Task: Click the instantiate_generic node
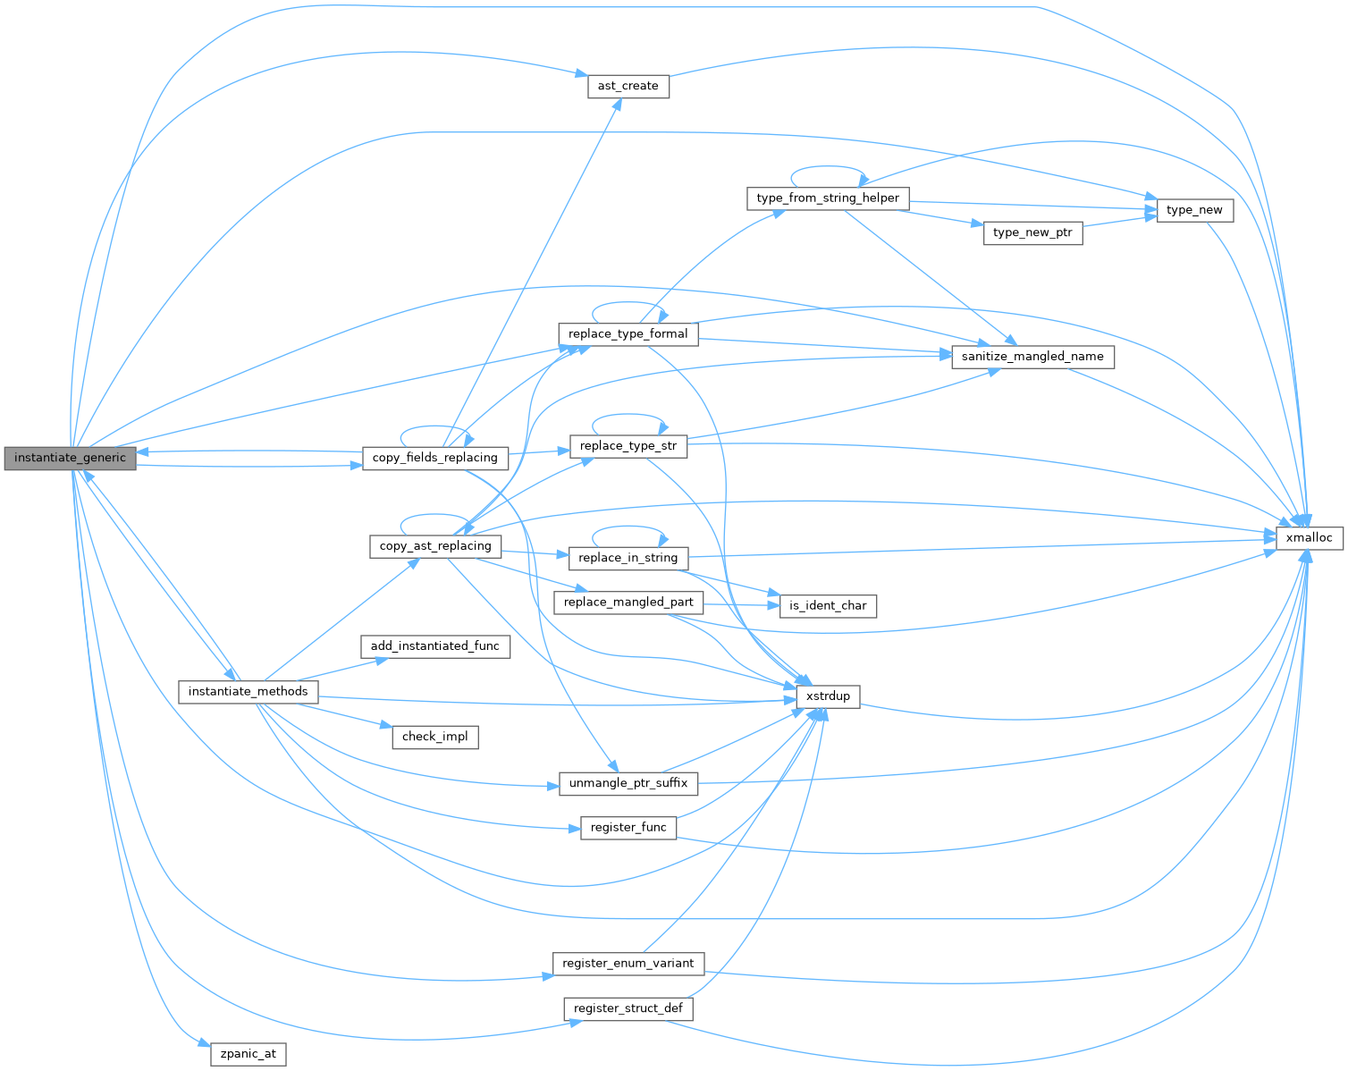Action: (70, 458)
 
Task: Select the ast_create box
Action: (628, 86)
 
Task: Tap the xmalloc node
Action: (1309, 538)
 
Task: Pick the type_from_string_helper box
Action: (828, 198)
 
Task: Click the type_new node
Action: (1194, 210)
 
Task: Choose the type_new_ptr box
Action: (1032, 232)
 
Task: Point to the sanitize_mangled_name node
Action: (1032, 357)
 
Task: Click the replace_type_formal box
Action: (628, 334)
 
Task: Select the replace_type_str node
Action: (628, 446)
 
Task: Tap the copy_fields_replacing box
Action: (434, 458)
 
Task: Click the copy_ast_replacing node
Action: (435, 546)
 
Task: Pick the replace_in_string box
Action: (628, 558)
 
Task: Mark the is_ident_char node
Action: (828, 605)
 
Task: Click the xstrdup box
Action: (828, 696)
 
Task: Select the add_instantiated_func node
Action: (434, 646)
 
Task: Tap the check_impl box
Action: (434, 737)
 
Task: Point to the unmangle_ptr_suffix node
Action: (628, 783)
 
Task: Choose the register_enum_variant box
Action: (628, 964)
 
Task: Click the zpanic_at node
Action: (249, 1054)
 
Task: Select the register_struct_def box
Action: (628, 1008)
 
